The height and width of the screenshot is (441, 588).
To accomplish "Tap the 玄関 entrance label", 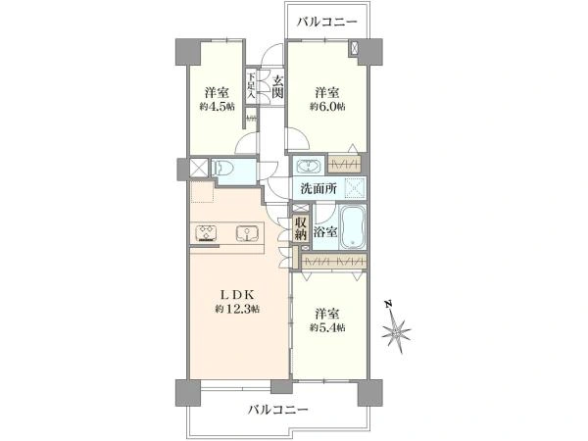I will coord(278,85).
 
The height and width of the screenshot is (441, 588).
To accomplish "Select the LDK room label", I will coord(236,294).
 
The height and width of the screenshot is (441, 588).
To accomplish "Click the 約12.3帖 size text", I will coord(236,310).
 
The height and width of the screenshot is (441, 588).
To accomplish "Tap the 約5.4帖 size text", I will coord(328,327).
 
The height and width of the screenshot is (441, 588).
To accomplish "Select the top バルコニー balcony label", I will coord(328,21).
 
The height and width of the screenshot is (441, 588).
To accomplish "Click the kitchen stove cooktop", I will coord(208,233).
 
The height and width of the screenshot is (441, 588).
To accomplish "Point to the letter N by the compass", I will coord(387,305).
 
